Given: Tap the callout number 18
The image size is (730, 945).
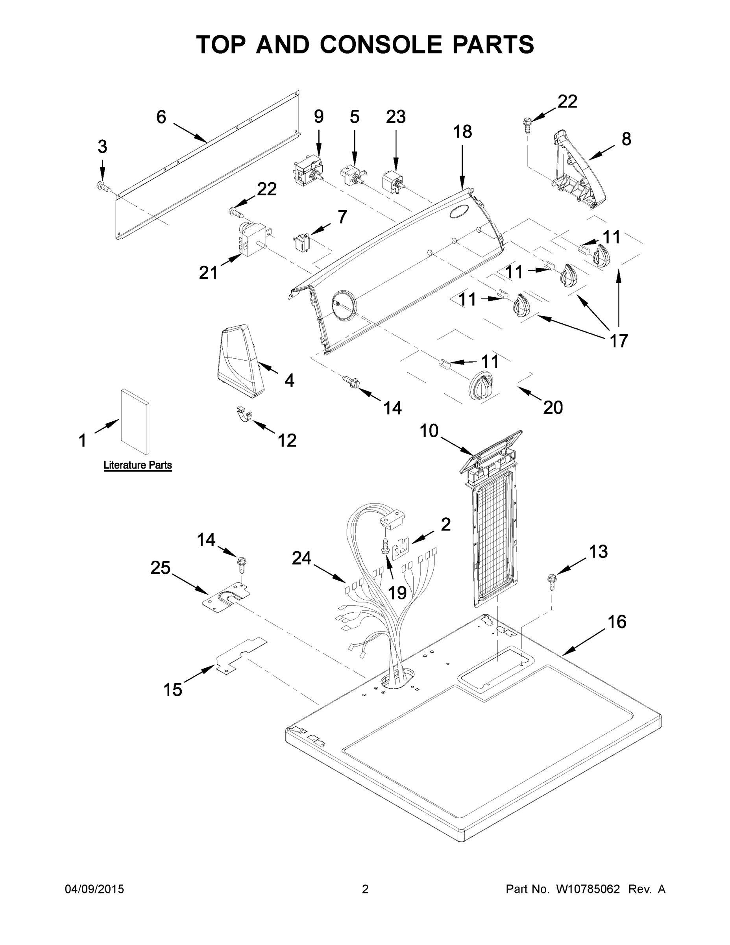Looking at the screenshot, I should [x=462, y=131].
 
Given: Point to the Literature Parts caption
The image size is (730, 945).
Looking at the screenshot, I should [x=137, y=465].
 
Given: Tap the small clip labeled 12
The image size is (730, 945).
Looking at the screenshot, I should [x=244, y=415].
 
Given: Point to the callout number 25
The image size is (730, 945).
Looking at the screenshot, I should [x=161, y=568].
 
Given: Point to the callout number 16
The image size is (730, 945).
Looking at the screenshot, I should [x=617, y=622].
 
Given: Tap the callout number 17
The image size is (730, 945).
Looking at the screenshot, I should [x=618, y=341].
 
